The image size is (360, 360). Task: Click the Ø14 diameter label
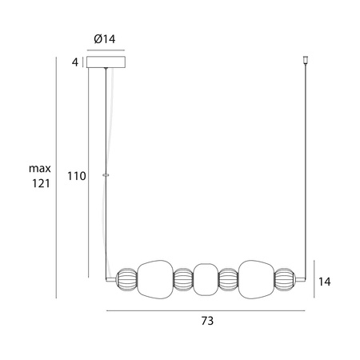coord(105,39)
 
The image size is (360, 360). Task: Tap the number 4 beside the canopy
coord(75,62)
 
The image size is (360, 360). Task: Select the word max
coord(40,169)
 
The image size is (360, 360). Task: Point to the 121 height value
coord(41,183)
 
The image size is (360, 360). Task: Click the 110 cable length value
coord(77,176)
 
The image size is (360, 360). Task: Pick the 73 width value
coord(207,321)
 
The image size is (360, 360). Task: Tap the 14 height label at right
coord(325,282)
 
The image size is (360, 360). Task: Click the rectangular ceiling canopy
coord(106,62)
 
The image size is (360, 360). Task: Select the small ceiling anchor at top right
coord(306,60)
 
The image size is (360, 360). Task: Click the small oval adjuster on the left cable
coord(106,175)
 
